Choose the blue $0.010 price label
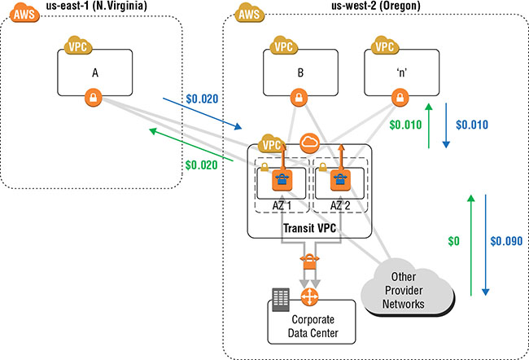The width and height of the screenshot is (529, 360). point(472,125)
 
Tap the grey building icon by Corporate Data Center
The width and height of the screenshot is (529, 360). point(281,299)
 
